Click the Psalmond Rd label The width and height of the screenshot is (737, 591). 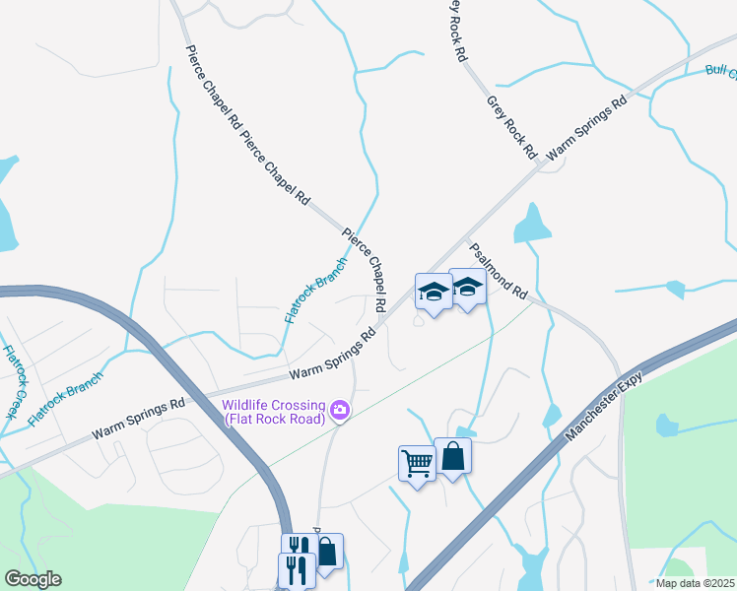tap(499, 273)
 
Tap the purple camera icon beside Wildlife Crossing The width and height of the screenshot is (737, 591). tap(340, 410)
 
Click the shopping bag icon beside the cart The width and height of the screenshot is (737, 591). tap(452, 456)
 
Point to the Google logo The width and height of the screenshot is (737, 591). tap(33, 579)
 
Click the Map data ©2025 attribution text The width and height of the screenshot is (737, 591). tap(694, 583)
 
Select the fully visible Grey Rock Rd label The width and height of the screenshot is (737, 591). tap(510, 127)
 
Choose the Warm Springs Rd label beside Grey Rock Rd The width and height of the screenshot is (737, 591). tap(587, 128)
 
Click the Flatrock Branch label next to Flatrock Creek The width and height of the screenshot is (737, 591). tap(65, 398)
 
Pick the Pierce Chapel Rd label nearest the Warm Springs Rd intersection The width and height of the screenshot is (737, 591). tap(364, 272)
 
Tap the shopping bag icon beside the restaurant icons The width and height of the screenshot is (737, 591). tap(326, 552)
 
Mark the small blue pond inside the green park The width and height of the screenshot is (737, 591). tap(667, 425)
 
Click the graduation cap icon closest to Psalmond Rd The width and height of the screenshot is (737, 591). tap(467, 287)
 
